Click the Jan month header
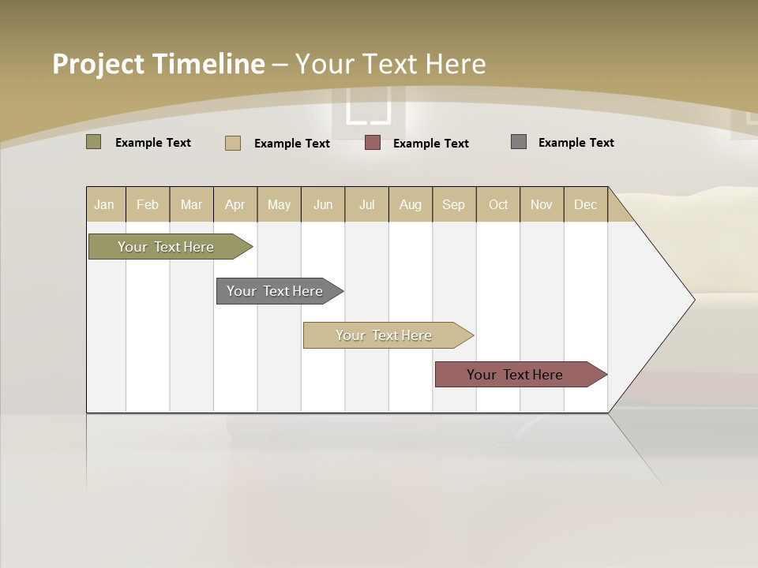(x=105, y=204)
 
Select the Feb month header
(x=148, y=204)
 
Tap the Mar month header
(x=191, y=204)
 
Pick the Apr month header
(x=235, y=204)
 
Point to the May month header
(x=279, y=204)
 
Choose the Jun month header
(x=323, y=204)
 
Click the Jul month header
(x=366, y=204)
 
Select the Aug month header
(x=411, y=204)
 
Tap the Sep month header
(x=454, y=204)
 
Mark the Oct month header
(x=498, y=204)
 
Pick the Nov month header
(x=542, y=204)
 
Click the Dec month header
(x=586, y=204)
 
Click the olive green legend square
(x=94, y=142)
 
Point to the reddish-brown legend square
(x=373, y=143)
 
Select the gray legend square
(x=519, y=142)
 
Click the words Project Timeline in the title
(x=159, y=64)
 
